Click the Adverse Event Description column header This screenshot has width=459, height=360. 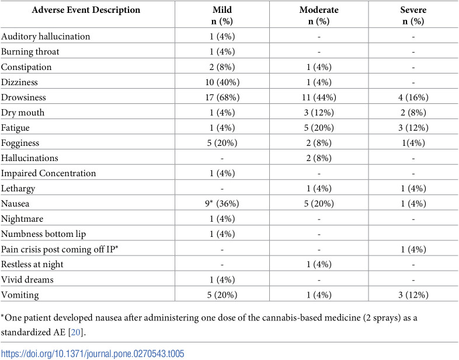pyautogui.click(x=86, y=10)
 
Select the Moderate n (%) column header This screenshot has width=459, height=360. pyautogui.click(x=319, y=16)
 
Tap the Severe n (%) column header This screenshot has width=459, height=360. pyautogui.click(x=413, y=16)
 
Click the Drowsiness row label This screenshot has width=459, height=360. pyautogui.click(x=23, y=97)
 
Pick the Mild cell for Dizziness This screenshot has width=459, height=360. pyautogui.click(x=222, y=82)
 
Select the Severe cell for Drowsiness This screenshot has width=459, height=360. pyautogui.click(x=413, y=97)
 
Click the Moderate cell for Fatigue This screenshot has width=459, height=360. pyautogui.click(x=319, y=128)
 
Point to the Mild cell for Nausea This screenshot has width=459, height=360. pyautogui.click(x=222, y=204)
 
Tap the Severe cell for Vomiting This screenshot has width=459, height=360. pyautogui.click(x=413, y=295)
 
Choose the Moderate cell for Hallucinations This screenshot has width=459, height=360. pyautogui.click(x=319, y=158)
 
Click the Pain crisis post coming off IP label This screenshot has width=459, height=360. pyautogui.click(x=60, y=250)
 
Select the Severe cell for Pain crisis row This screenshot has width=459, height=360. pyautogui.click(x=413, y=250)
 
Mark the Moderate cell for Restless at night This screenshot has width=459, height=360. pyautogui.click(x=319, y=264)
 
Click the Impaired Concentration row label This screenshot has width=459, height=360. pyautogui.click(x=48, y=173)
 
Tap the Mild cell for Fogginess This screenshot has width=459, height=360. pyautogui.click(x=222, y=143)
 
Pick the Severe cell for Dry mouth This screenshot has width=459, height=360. pyautogui.click(x=413, y=113)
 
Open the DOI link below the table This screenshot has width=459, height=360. pyautogui.click(x=93, y=354)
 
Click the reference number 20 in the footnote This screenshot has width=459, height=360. pyautogui.click(x=75, y=333)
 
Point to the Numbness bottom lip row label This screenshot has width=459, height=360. pyautogui.click(x=43, y=234)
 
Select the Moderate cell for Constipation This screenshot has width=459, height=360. pyautogui.click(x=319, y=67)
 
